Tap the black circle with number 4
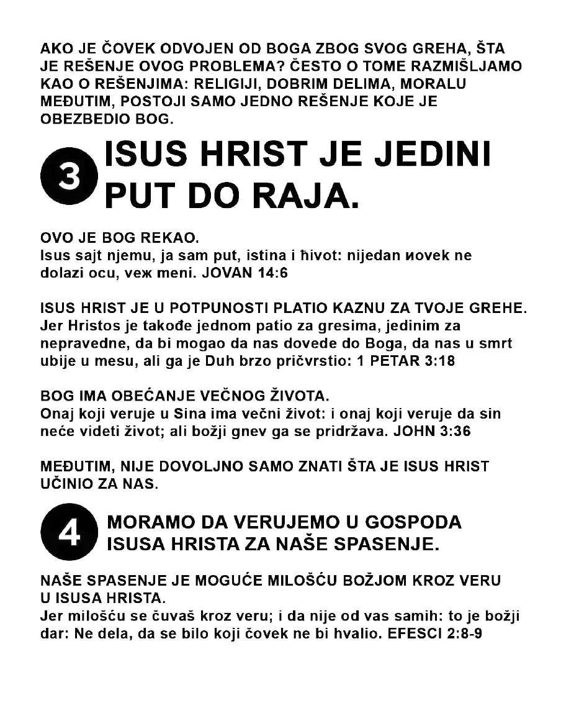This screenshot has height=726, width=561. [69, 532]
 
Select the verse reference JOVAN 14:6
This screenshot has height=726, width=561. [246, 274]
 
